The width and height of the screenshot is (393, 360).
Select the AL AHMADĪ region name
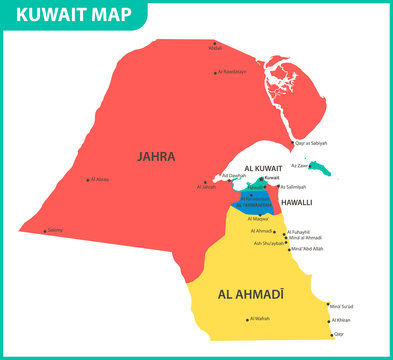click(250, 295)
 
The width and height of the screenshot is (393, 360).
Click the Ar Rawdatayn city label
click(232, 72)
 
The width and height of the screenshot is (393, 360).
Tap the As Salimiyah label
click(293, 187)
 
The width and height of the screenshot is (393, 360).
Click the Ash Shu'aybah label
click(269, 243)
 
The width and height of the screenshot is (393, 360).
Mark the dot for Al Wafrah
click(246, 320)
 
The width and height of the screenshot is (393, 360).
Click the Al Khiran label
click(343, 320)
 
